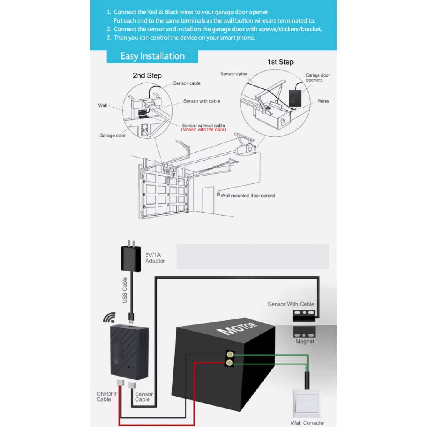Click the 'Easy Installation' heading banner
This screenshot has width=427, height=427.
152,56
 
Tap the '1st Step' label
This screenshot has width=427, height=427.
280,62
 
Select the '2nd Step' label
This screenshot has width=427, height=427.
147,75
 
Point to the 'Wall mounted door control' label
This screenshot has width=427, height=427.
248,196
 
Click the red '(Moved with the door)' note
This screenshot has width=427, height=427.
203,130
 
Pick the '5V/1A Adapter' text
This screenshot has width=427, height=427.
155,258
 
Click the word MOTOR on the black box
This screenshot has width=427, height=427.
239,328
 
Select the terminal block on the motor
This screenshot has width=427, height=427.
229,358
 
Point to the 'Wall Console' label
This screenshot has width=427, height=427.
307,423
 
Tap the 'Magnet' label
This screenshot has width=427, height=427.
305,342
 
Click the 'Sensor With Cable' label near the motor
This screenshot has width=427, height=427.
291,304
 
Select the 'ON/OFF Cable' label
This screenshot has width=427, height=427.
107,397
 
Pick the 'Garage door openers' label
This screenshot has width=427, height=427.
317,78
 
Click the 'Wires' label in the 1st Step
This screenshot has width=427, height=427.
323,101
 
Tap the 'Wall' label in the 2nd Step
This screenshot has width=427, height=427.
103,105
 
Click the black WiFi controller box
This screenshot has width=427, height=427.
128,350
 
